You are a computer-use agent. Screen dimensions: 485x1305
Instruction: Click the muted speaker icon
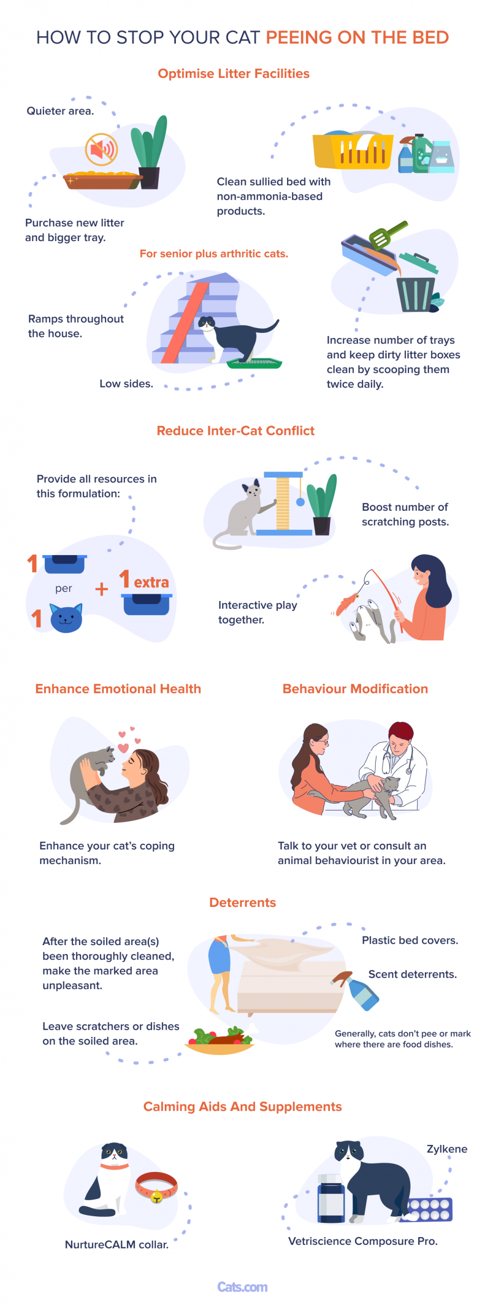click(x=101, y=149)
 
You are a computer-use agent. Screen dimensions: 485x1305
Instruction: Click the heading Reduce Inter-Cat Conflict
click(x=236, y=430)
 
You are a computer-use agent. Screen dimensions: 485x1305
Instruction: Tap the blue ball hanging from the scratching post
click(x=300, y=502)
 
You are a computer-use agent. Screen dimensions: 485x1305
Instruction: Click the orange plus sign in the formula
click(x=101, y=589)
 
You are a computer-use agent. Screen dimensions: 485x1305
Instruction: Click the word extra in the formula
click(x=151, y=582)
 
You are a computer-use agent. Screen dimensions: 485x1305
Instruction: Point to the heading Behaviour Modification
click(x=355, y=688)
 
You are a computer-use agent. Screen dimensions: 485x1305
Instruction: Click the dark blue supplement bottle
click(x=331, y=1197)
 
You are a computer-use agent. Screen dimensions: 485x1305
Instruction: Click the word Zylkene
click(x=447, y=1149)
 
